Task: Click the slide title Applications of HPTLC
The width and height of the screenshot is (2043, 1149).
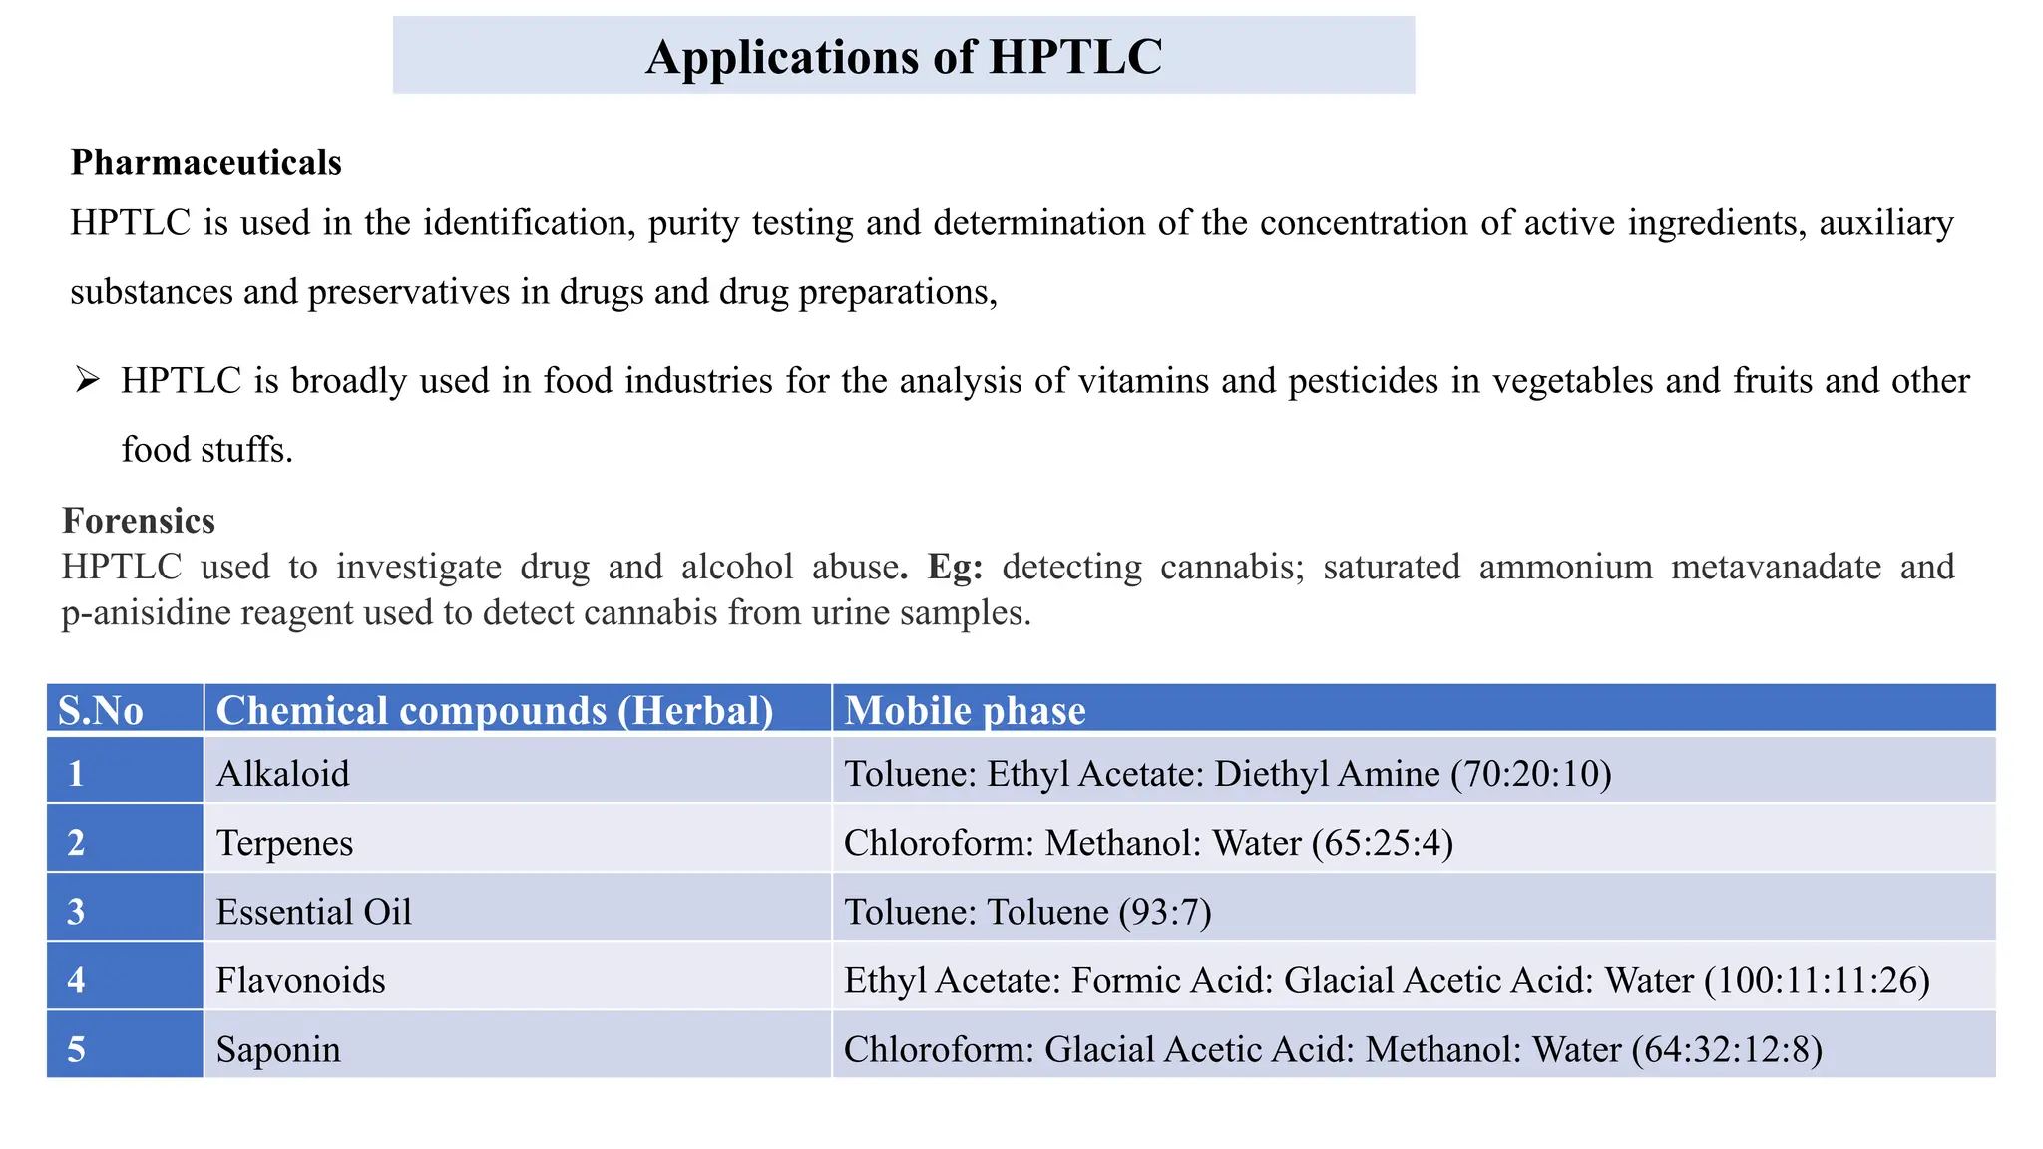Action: click(903, 57)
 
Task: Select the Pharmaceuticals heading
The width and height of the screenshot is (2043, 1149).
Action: click(205, 162)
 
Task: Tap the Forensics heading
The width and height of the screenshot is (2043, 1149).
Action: click(139, 521)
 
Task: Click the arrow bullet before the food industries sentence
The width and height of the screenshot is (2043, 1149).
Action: click(87, 380)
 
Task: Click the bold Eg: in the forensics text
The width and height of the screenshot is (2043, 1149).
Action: click(955, 567)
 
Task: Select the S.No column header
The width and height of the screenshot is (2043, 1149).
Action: click(101, 710)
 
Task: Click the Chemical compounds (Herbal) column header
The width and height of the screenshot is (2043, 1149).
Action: click(495, 710)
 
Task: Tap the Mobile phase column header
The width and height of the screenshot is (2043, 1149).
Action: click(965, 710)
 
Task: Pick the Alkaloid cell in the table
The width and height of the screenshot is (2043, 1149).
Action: click(283, 774)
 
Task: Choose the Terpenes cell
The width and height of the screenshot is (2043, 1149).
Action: click(284, 843)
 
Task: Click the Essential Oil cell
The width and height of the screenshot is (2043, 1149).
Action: click(313, 912)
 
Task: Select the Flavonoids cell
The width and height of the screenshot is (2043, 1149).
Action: click(300, 980)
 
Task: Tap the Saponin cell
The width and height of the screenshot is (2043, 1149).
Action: click(278, 1049)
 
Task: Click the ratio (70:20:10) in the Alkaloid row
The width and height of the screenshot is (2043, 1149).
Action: click(1531, 774)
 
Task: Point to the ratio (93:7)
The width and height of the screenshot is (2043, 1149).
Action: click(1165, 912)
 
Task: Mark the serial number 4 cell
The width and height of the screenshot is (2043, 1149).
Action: click(76, 980)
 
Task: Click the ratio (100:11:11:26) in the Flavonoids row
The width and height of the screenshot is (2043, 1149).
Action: click(1817, 980)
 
